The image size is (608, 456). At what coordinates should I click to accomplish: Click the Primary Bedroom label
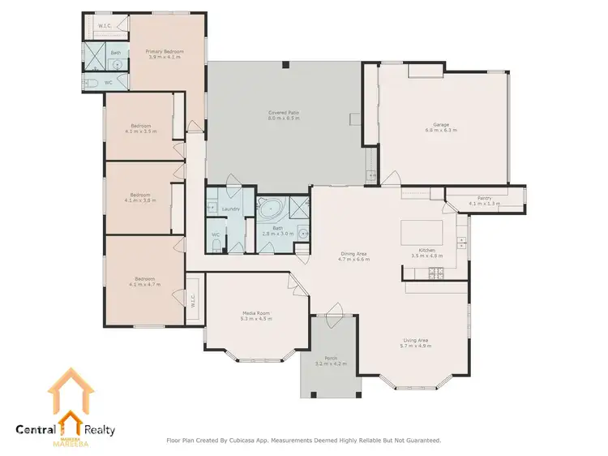[165, 51]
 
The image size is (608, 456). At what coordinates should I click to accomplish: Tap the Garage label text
[439, 124]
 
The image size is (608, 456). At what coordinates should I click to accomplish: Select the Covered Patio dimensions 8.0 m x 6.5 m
[284, 118]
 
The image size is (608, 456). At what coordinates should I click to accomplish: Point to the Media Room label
[255, 313]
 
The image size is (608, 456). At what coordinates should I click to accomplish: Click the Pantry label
[485, 197]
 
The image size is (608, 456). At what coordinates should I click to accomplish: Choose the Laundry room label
[230, 209]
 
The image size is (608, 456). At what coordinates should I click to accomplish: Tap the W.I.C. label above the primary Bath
[105, 26]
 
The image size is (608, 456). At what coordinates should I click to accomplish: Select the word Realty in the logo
[96, 430]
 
